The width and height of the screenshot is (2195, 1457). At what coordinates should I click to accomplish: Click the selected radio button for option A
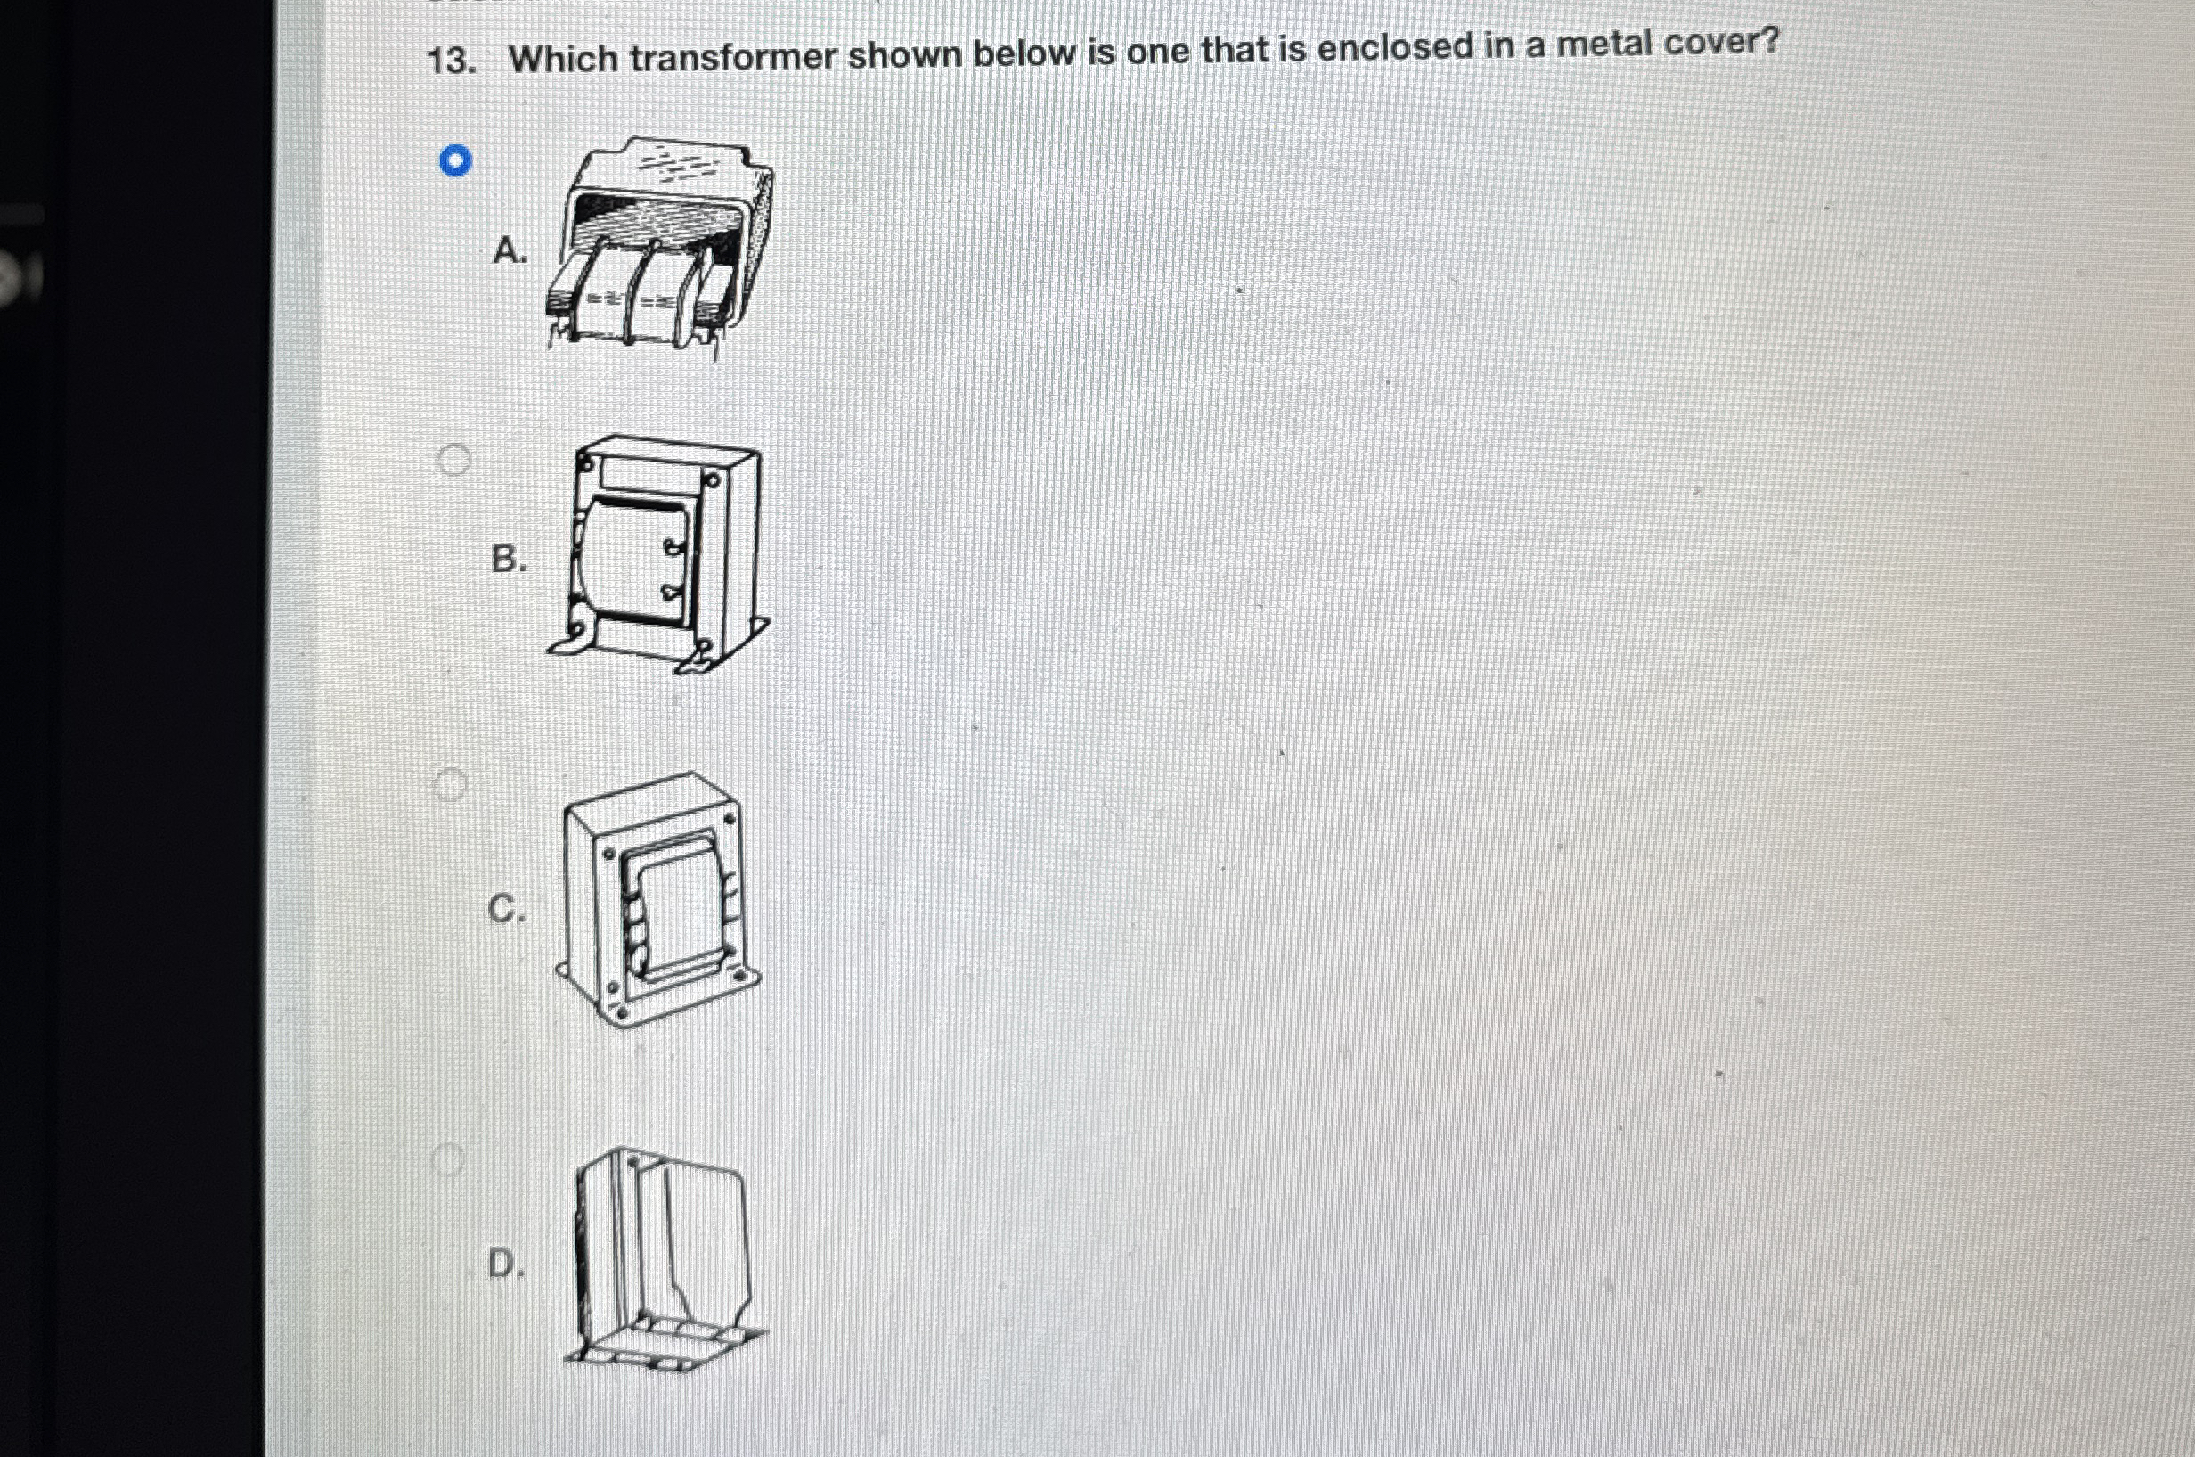pyautogui.click(x=455, y=161)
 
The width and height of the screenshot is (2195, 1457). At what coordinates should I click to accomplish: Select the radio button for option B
pyautogui.click(x=453, y=459)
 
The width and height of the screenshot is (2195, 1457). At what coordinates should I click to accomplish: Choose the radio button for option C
pyautogui.click(x=450, y=785)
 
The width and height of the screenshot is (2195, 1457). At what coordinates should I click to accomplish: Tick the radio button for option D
pyautogui.click(x=447, y=1158)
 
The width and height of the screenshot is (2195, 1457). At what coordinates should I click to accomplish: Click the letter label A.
pyautogui.click(x=509, y=251)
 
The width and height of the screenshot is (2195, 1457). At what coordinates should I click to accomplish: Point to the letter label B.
pyautogui.click(x=508, y=560)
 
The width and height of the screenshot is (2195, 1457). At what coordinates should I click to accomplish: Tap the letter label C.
pyautogui.click(x=506, y=909)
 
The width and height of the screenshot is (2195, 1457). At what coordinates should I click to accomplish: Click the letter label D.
pyautogui.click(x=505, y=1264)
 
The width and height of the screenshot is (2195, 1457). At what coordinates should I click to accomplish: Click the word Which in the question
pyautogui.click(x=563, y=60)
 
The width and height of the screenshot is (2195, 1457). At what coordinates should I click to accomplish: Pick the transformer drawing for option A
pyautogui.click(x=659, y=246)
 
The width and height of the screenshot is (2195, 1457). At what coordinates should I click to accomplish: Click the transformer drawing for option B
pyautogui.click(x=659, y=553)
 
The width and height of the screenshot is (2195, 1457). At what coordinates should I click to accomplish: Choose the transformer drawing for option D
pyautogui.click(x=664, y=1259)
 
